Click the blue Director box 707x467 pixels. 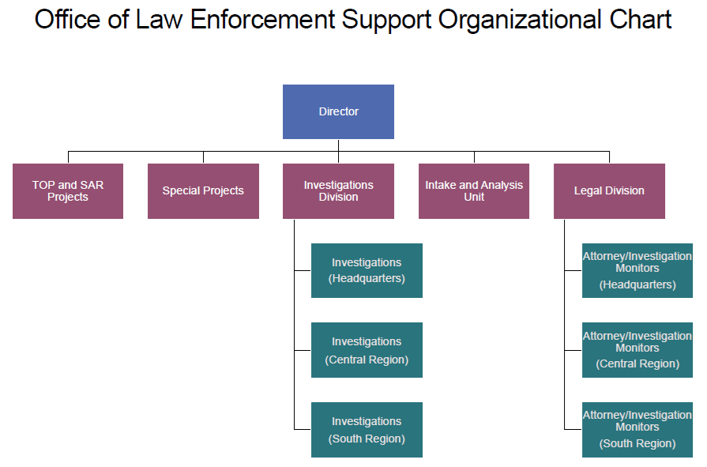point(338,111)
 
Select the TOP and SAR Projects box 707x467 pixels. point(68,191)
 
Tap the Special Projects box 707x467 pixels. point(203,190)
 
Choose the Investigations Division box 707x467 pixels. point(338,191)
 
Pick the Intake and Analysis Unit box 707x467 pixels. point(474,191)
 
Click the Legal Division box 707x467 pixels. point(609,190)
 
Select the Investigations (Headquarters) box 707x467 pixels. point(367,270)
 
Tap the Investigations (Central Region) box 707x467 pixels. point(367,350)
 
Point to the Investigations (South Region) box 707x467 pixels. point(367,430)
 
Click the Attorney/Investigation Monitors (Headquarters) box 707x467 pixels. point(637,270)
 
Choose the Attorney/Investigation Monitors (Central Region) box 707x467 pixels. point(637,350)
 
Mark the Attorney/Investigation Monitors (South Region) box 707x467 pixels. point(637,430)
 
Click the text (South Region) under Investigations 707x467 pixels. point(367,439)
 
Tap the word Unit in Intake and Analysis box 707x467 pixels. point(474,198)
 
